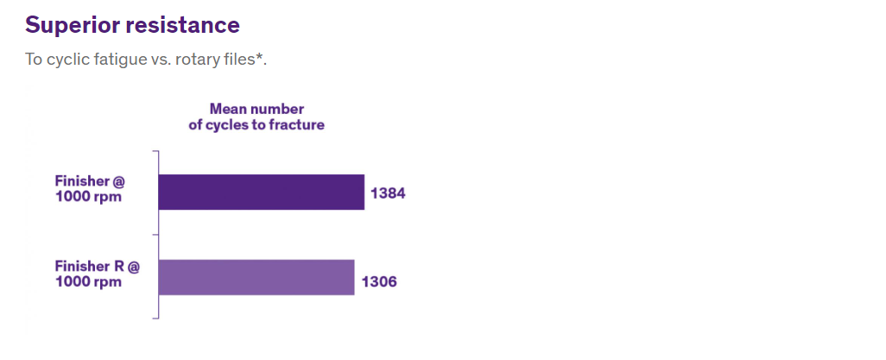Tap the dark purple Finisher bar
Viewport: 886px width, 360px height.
[262, 193]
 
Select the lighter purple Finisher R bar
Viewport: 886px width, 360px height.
[256, 277]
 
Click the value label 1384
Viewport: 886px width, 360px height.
[388, 193]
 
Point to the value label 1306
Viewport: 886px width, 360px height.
[379, 281]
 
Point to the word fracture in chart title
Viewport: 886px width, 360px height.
[297, 125]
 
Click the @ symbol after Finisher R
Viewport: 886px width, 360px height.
[132, 267]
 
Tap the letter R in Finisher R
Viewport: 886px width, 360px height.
[118, 266]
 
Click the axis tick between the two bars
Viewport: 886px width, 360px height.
[155, 235]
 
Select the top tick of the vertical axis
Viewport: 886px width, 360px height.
[155, 151]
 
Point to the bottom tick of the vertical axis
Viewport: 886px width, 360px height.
[155, 319]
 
